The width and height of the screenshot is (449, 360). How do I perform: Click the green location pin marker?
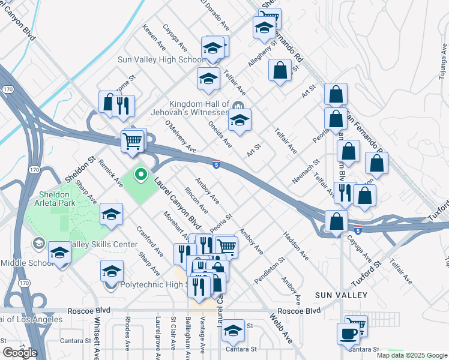click(x=141, y=175)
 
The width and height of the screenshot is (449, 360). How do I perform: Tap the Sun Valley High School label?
click(x=161, y=59)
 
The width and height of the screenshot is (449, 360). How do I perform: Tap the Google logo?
click(x=20, y=353)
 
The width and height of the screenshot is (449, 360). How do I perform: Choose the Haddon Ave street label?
click(x=295, y=246)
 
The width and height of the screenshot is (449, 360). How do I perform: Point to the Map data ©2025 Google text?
click(x=412, y=355)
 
